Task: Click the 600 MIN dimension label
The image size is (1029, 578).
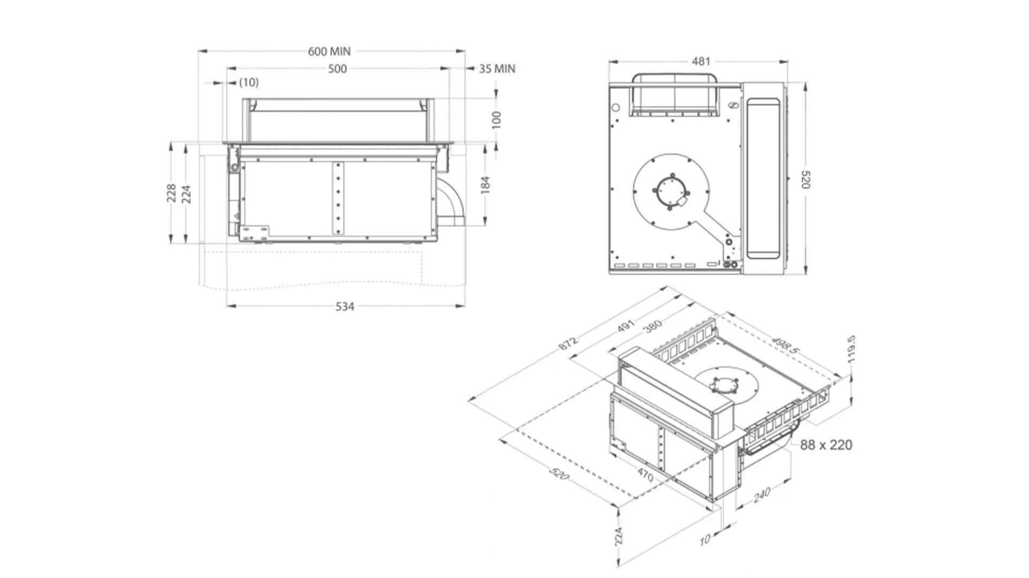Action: click(x=329, y=51)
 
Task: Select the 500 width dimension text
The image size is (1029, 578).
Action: click(x=337, y=69)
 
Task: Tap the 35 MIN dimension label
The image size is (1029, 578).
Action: click(x=497, y=69)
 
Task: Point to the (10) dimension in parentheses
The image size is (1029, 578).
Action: click(x=249, y=82)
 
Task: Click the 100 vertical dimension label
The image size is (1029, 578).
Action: click(x=496, y=119)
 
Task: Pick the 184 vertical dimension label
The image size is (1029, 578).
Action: click(x=485, y=185)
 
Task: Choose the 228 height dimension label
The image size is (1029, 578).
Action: click(x=171, y=193)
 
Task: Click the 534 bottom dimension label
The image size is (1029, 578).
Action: click(x=345, y=306)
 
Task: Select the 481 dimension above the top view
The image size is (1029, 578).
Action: click(x=700, y=61)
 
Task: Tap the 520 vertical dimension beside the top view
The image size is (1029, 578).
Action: click(x=806, y=179)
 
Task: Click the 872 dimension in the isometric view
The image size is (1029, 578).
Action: click(x=568, y=343)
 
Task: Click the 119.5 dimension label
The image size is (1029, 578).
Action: click(x=852, y=349)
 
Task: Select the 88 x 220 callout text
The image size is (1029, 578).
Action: click(x=826, y=445)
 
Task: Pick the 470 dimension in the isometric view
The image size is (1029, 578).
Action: click(x=645, y=475)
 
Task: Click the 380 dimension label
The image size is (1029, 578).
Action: click(x=653, y=326)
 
